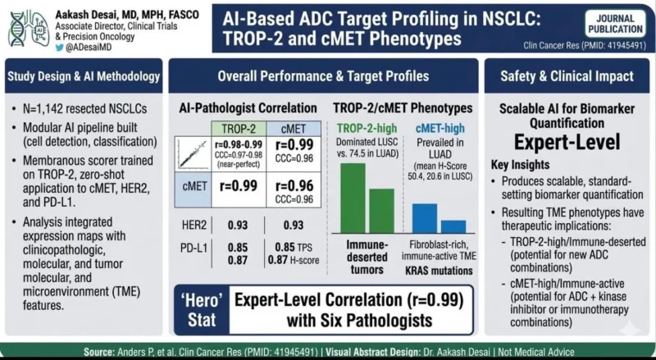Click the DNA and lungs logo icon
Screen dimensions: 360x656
click(x=25, y=28)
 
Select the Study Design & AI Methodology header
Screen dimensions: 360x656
click(x=84, y=77)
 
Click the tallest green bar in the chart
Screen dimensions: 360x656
click(x=353, y=198)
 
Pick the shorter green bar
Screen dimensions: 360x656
click(x=381, y=211)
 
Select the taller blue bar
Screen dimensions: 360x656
click(x=424, y=217)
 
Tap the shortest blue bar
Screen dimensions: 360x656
click(x=453, y=226)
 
